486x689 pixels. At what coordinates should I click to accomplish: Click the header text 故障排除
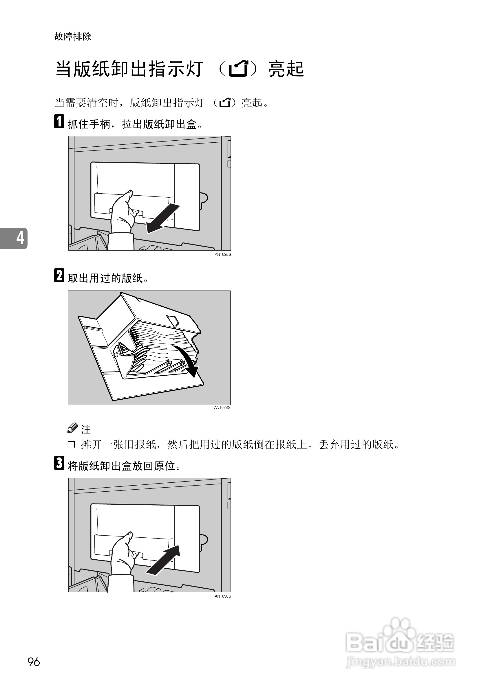(x=73, y=37)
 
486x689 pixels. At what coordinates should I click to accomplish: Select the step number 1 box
(x=59, y=122)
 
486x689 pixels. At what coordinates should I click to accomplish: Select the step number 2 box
(x=59, y=275)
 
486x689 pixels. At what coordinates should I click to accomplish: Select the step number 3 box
(x=59, y=463)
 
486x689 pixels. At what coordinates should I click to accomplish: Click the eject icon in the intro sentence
(x=225, y=103)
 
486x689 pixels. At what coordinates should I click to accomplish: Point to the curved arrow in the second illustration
(x=188, y=360)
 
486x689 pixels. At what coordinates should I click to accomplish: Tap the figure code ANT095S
(x=222, y=254)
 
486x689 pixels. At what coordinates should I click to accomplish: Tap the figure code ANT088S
(x=222, y=407)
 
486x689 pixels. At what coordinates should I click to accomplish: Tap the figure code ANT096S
(x=222, y=596)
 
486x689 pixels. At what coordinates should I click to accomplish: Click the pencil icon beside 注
(x=72, y=428)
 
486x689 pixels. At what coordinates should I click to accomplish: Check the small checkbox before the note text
(x=71, y=444)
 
